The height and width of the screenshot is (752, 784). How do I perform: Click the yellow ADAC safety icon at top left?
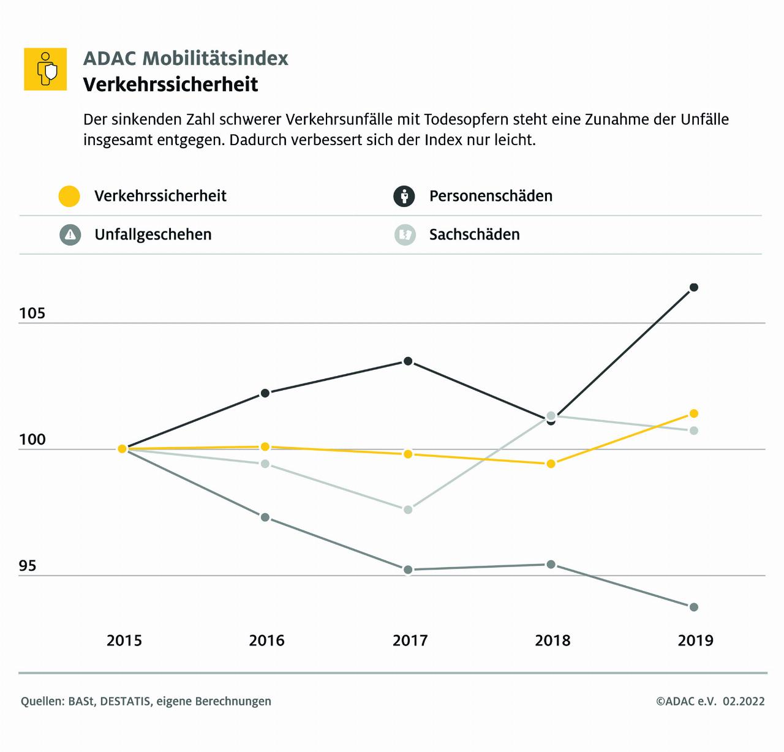45,69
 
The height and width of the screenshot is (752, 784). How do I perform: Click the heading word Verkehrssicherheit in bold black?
171,84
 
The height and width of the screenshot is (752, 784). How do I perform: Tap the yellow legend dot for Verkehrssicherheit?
69,196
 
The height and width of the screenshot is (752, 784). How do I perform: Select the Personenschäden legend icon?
404,196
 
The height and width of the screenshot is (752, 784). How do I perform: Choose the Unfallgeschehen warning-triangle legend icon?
70,235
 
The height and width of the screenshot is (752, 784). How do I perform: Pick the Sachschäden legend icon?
405,235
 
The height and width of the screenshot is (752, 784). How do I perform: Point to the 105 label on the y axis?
32,314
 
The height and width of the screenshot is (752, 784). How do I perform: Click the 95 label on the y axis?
28,566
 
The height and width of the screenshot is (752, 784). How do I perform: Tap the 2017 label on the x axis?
410,641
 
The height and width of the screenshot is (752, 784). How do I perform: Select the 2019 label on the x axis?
696,641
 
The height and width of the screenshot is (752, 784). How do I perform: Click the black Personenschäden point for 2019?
694,287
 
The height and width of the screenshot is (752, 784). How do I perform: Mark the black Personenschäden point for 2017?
408,361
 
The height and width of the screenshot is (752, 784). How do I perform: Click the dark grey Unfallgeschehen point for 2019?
694,607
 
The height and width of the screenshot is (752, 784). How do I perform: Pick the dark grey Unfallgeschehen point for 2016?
265,517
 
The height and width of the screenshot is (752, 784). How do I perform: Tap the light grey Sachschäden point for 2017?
408,509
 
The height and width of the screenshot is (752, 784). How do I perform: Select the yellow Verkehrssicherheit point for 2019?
694,414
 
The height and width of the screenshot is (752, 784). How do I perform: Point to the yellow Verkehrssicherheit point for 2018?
551,464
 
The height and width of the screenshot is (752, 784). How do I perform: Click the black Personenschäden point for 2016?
265,393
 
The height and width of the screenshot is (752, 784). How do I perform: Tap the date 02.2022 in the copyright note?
744,701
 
